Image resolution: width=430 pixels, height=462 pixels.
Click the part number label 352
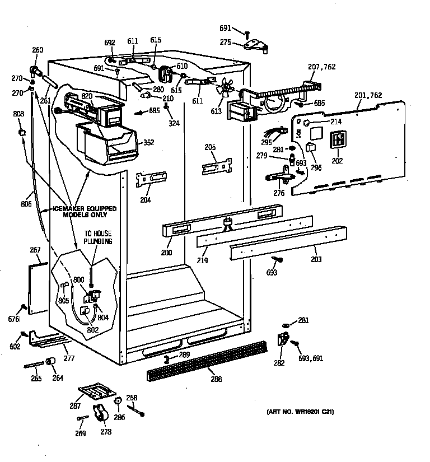pyautogui.click(x=148, y=142)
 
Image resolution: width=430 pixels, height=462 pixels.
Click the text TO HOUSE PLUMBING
pyautogui.click(x=98, y=237)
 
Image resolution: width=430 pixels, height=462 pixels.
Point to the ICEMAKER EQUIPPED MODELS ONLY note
pyautogui.click(x=85, y=211)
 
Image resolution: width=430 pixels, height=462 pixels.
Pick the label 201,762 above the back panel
pyautogui.click(x=368, y=96)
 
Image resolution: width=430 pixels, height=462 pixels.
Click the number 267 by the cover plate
pyautogui.click(x=34, y=250)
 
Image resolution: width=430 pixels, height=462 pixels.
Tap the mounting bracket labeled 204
pyautogui.click(x=151, y=178)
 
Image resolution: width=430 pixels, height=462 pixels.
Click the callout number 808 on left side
pyautogui.click(x=18, y=114)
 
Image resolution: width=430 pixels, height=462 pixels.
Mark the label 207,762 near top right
pyautogui.click(x=322, y=67)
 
